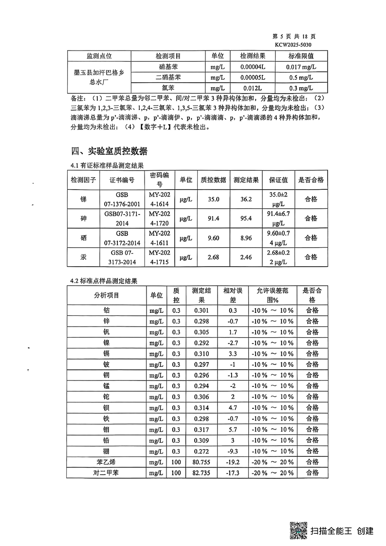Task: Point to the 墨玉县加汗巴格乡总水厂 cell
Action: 99,77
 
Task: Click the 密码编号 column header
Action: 159,180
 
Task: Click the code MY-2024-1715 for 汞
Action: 159,257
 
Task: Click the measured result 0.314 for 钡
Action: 201,408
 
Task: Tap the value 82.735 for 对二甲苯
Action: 201,473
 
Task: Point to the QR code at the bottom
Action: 297,530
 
